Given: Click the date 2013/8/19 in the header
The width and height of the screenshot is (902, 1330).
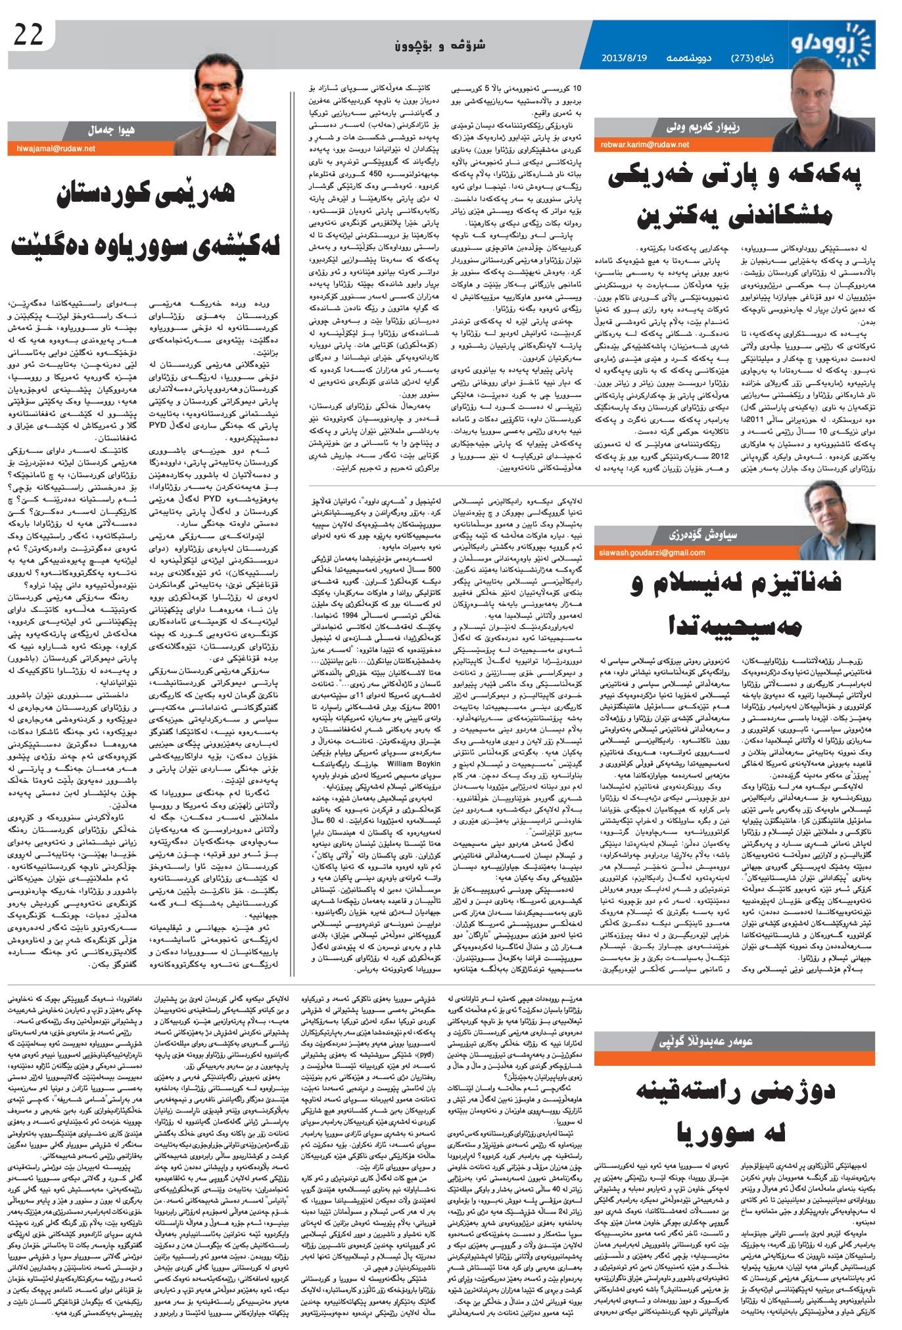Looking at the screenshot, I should [x=624, y=57].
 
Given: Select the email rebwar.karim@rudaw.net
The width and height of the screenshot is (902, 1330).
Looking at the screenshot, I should [x=644, y=144].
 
